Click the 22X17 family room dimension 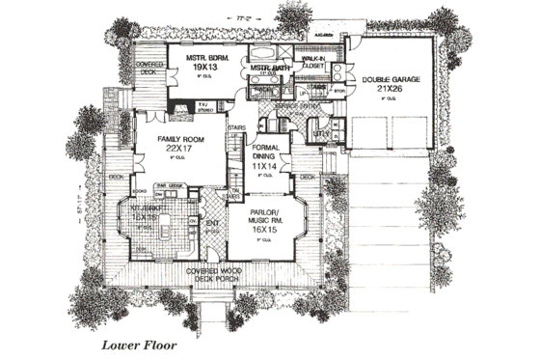(178, 150)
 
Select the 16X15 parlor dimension (266, 232)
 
